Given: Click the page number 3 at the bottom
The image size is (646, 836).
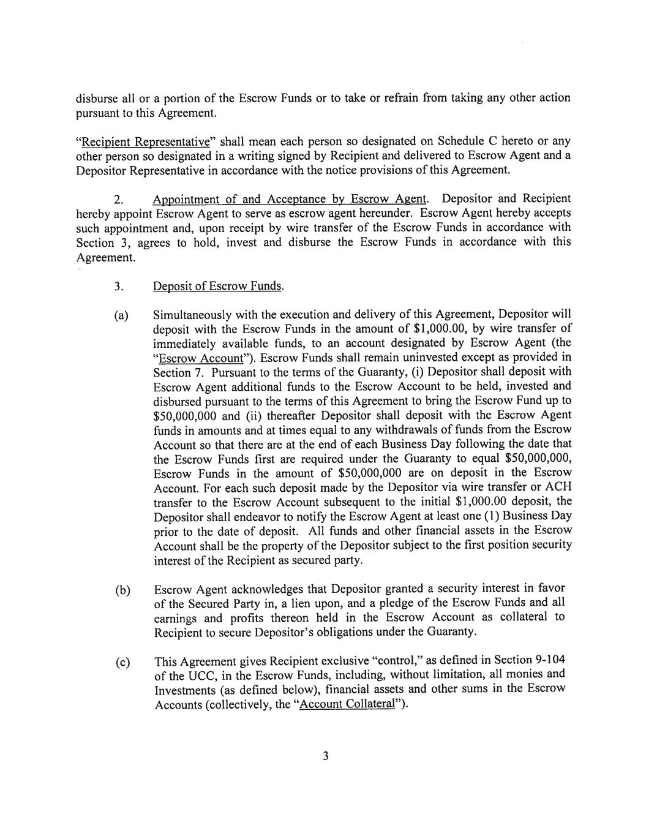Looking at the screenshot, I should point(326,756).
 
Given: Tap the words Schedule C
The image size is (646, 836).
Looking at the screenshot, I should point(443,142).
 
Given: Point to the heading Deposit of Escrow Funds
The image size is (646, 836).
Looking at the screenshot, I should point(218,287).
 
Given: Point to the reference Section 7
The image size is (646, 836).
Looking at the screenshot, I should point(173,373).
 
